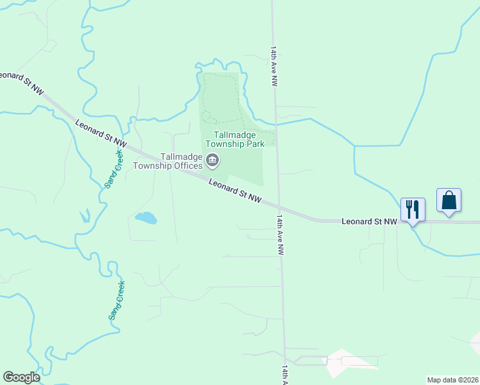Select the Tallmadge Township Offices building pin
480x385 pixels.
click(212, 160)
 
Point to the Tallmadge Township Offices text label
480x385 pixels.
click(168, 160)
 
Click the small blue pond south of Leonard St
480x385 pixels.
click(146, 218)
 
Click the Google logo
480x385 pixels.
click(21, 377)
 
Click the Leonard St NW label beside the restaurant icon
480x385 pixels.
click(370, 221)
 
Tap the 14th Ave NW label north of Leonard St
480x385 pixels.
click(274, 66)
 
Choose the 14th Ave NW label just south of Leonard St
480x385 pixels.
click(280, 235)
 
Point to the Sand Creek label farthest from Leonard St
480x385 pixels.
click(116, 300)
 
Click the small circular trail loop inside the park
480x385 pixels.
click(207, 116)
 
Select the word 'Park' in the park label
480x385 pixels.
click(253, 144)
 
